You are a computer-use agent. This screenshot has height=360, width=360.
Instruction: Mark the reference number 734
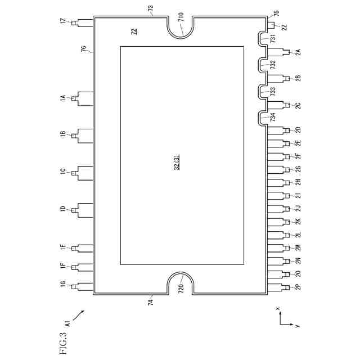click(273, 118)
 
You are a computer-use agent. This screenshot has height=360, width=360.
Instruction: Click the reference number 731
click(273, 38)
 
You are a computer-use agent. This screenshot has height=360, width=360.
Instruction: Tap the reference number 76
click(83, 51)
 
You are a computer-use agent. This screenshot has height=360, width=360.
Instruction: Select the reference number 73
click(150, 8)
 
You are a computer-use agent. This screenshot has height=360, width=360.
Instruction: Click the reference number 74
click(150, 302)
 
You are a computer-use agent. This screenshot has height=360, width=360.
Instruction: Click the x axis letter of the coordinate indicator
click(278, 309)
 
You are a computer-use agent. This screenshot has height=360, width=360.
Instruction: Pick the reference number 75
click(276, 12)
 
